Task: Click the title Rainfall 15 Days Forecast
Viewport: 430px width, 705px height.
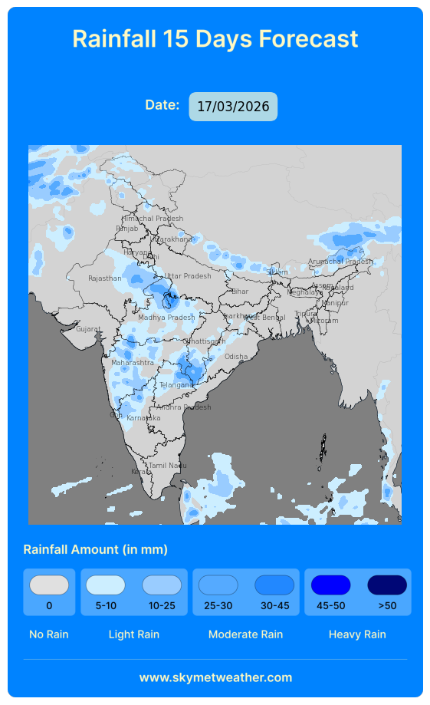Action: (x=215, y=38)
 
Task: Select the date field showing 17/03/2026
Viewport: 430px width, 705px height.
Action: (x=233, y=107)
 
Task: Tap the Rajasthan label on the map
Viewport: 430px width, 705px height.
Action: (x=105, y=278)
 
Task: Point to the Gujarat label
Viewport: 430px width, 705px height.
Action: (x=88, y=329)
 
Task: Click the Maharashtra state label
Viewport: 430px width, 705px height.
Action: (x=133, y=362)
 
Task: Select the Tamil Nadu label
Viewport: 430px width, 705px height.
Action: (x=167, y=466)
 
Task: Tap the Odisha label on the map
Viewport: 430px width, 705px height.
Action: (x=236, y=357)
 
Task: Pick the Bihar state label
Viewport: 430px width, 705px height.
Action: (x=240, y=292)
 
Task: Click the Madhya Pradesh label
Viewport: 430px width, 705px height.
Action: (x=166, y=318)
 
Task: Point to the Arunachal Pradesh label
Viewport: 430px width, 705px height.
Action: (x=340, y=262)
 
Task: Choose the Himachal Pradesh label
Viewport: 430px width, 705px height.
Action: (x=153, y=219)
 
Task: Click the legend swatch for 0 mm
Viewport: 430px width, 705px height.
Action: (x=49, y=585)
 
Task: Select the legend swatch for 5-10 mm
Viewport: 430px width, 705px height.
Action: (x=106, y=585)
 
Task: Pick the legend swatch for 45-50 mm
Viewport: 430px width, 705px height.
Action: (x=330, y=585)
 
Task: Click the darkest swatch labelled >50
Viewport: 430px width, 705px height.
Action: (x=387, y=585)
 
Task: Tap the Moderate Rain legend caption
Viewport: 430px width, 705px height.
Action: (x=245, y=634)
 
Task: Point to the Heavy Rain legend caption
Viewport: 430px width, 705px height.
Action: (x=357, y=634)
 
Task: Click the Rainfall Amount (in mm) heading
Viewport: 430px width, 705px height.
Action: (x=96, y=549)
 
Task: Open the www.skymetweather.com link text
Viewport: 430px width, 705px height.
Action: (x=215, y=677)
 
